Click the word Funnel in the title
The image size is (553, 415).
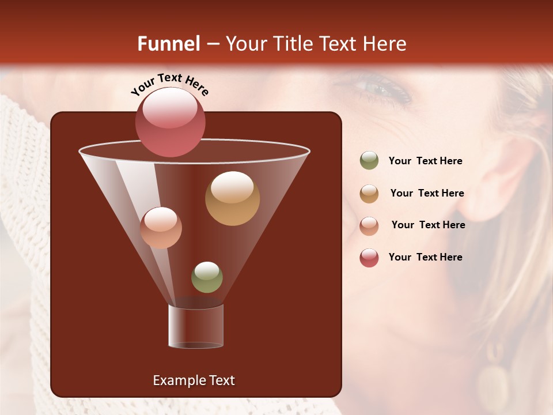tap(168, 44)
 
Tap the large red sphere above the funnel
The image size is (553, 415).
tap(171, 122)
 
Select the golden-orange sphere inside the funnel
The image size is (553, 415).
tap(232, 198)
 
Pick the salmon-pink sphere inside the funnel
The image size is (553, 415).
tap(161, 228)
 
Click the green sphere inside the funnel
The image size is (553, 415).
tap(207, 277)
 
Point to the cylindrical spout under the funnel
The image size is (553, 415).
tap(196, 326)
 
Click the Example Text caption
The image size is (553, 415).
tap(194, 380)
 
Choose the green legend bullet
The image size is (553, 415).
tap(369, 161)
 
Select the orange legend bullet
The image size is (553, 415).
tap(369, 194)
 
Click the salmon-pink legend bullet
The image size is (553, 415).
tap(369, 225)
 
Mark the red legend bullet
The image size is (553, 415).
tap(369, 258)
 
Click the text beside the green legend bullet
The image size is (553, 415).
tap(425, 161)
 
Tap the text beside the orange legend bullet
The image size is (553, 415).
tap(427, 193)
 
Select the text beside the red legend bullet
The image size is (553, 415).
tap(425, 257)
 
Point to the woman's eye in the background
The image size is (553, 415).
tap(377, 89)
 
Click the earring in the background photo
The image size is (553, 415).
tap(493, 381)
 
